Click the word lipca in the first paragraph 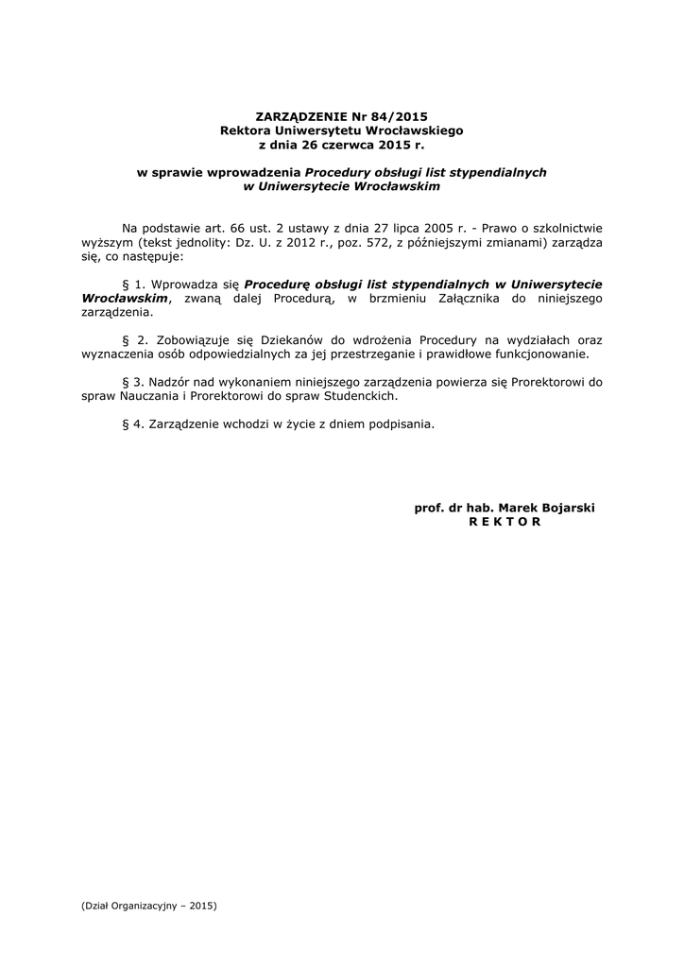(x=419, y=228)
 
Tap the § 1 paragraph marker (x=132, y=284)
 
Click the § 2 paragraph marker (x=132, y=339)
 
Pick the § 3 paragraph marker (x=132, y=382)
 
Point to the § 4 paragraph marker (x=132, y=423)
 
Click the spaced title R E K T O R (x=505, y=522)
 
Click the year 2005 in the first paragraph (x=455, y=228)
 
